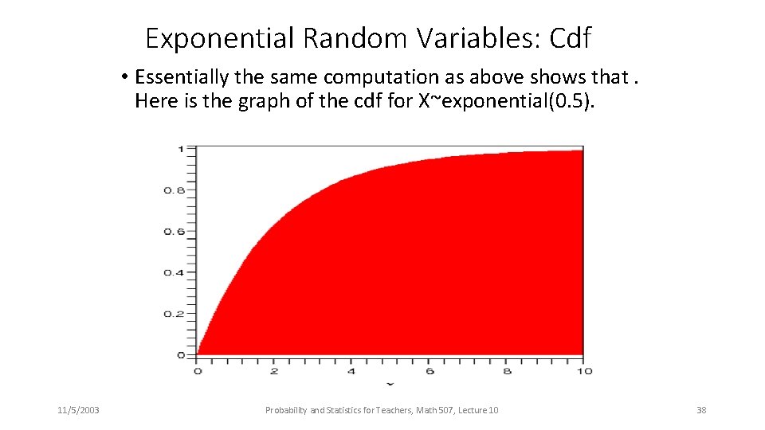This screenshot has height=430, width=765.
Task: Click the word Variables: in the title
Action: pyautogui.click(x=481, y=37)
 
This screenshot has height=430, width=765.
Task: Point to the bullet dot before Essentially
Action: pyautogui.click(x=126, y=78)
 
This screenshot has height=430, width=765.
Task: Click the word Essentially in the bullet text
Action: pyautogui.click(x=182, y=77)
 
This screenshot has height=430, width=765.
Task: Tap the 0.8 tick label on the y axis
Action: pyautogui.click(x=174, y=190)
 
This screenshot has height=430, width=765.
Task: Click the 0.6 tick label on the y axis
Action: pyautogui.click(x=174, y=232)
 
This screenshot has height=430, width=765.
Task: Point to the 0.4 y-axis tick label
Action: pyautogui.click(x=174, y=272)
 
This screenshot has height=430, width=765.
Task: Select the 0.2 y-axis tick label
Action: pyautogui.click(x=174, y=314)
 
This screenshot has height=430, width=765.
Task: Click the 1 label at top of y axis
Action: pyautogui.click(x=181, y=149)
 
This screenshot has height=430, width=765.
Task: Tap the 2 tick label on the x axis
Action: pyautogui.click(x=274, y=370)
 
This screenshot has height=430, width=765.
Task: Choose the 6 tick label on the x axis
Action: pyautogui.click(x=429, y=370)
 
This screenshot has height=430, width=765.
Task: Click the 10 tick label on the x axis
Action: pyautogui.click(x=584, y=370)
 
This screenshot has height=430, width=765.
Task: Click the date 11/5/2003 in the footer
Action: pyautogui.click(x=78, y=410)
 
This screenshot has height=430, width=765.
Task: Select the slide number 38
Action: pyautogui.click(x=701, y=410)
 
